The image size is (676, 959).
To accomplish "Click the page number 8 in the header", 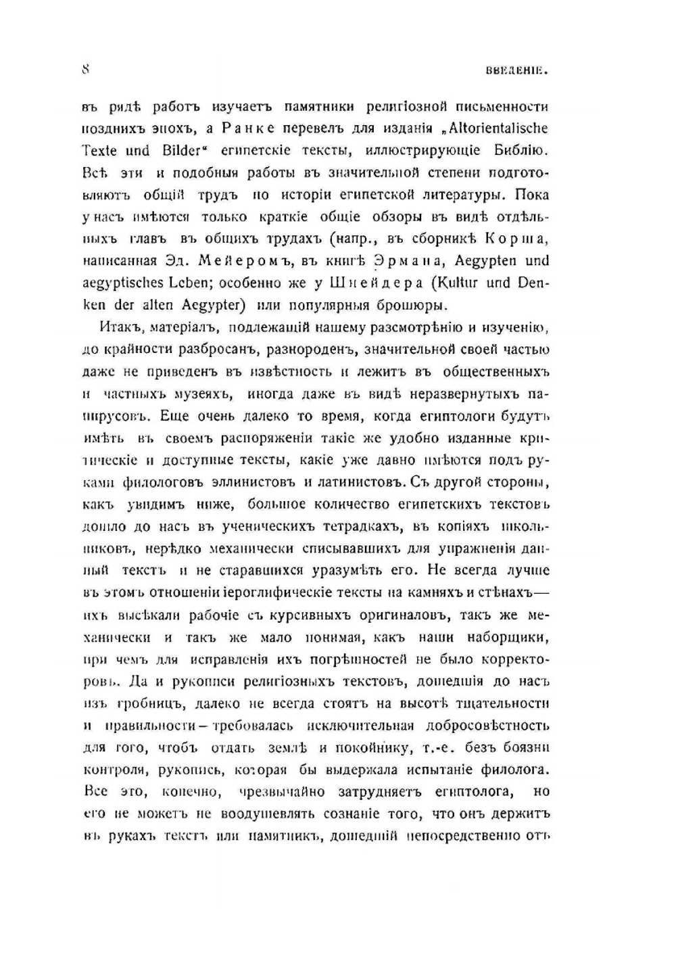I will pyautogui.click(x=86, y=69).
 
